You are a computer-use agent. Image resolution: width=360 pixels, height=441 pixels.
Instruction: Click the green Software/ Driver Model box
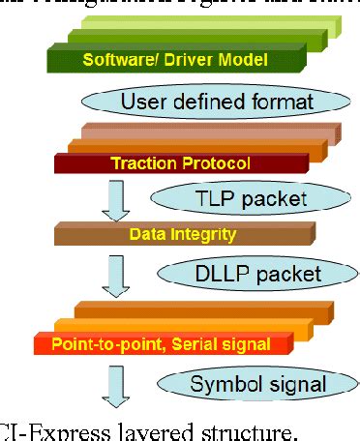(173, 60)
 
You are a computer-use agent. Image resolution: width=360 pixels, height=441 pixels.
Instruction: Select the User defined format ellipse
(206, 100)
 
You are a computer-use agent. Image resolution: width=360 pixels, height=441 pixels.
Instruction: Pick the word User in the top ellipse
(141, 100)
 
